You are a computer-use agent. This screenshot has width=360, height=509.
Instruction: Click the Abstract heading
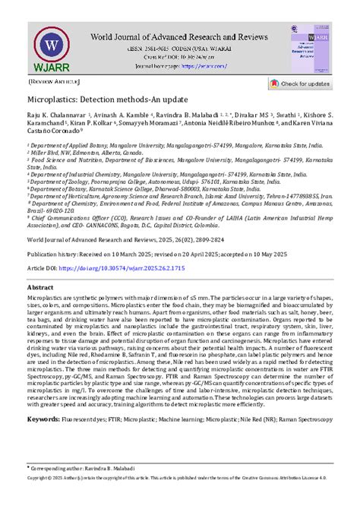(40, 288)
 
